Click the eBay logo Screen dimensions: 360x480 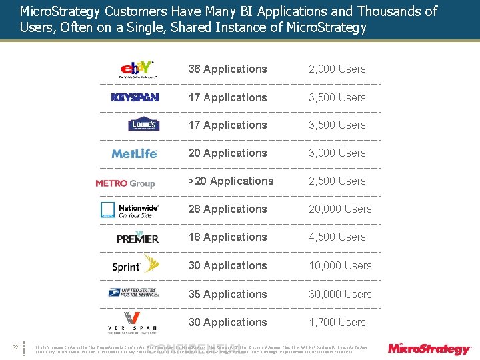point(137,69)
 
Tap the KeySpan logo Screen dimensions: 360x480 point(135,97)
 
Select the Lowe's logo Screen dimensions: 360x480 point(143,125)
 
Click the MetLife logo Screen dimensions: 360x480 point(135,153)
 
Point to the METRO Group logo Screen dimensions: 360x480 point(125,183)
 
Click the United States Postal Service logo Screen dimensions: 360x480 point(133,293)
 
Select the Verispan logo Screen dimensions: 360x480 point(133,322)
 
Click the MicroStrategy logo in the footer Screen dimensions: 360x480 point(429,348)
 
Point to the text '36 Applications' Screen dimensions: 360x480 point(227,69)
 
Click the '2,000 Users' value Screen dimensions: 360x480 point(337,69)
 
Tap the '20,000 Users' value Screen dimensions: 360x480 point(340,209)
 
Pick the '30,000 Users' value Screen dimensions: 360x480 point(340,294)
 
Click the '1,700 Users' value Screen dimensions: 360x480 point(337,322)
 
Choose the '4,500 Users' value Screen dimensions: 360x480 point(337,237)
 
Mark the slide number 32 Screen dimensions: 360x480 point(15,347)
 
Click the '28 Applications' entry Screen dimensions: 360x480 point(227,209)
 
